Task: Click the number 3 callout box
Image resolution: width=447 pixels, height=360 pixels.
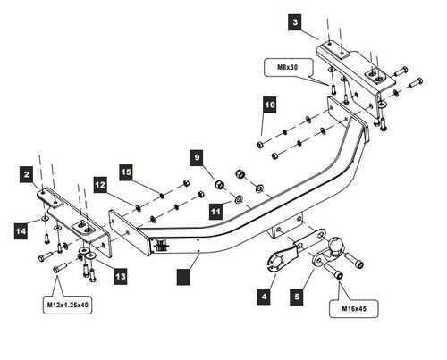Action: pos(295,22)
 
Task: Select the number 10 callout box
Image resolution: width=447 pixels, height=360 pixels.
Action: pos(270,105)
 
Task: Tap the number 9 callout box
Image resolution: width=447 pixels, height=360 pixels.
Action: pos(197,157)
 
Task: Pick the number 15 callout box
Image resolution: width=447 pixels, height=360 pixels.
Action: pos(126,172)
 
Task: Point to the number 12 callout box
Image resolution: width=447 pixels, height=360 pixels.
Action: pos(100,185)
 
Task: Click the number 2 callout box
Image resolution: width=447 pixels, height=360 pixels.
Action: pos(27,174)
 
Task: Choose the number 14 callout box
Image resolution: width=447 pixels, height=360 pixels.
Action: pos(21,231)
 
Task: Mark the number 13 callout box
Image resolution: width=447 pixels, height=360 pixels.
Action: pos(121,277)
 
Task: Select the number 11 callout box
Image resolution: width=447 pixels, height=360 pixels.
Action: pos(215,212)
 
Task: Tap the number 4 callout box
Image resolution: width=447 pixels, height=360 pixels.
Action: pos(264,297)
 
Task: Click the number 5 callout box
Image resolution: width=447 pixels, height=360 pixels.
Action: pos(297,297)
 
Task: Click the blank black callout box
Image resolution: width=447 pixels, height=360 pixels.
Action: pos(183,277)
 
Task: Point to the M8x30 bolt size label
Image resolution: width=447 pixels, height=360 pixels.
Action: pos(288,67)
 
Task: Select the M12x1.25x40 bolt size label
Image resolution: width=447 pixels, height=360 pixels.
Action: pos(68,305)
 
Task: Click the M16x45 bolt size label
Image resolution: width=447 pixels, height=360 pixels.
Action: pos(354,309)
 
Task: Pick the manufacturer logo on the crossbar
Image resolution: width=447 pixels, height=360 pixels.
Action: pos(162,246)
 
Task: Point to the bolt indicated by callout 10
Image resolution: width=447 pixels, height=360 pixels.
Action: pos(259,145)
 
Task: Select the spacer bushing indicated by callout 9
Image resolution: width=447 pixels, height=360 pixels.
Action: pos(220,185)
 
